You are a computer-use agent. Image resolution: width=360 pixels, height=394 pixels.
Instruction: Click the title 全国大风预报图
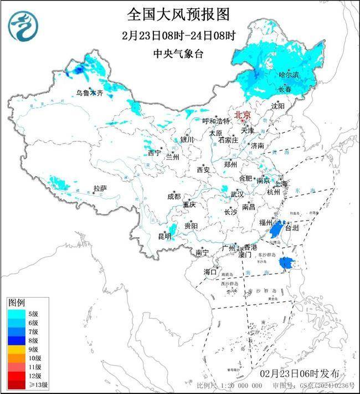coord(178,14)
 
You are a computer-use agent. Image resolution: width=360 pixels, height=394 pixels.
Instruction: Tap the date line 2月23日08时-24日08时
coord(178,35)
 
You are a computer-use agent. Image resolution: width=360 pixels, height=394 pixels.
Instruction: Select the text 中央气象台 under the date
coord(178,53)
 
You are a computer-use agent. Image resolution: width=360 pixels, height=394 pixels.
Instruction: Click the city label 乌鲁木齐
coord(90,93)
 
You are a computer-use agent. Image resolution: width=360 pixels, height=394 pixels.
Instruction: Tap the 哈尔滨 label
coord(288,74)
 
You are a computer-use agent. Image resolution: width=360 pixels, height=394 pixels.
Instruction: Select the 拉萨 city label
coord(100,189)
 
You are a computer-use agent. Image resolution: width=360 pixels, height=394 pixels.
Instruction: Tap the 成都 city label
coord(173,196)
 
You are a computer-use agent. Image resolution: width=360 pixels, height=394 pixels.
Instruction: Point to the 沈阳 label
coord(278,106)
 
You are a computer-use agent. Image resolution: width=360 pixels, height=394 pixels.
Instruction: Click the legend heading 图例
coord(16,303)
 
